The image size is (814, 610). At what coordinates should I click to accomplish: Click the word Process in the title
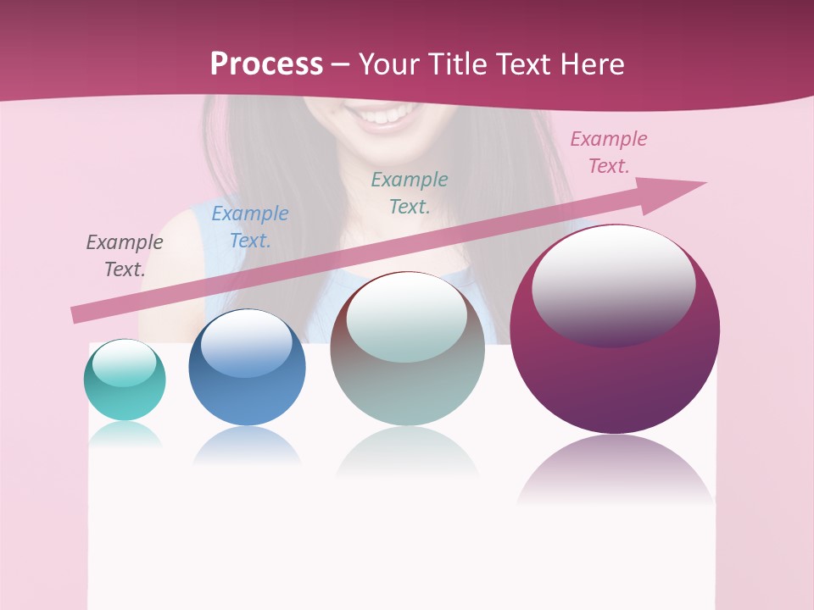266,64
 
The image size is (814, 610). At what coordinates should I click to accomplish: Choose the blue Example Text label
250,227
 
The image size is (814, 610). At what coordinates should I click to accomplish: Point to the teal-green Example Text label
410,193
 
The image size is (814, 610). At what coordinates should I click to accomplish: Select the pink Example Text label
609,152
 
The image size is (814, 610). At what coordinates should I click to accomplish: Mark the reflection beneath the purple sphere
615,470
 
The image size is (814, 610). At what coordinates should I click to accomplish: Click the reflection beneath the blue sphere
246,446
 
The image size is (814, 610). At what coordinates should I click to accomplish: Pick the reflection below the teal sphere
125,434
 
